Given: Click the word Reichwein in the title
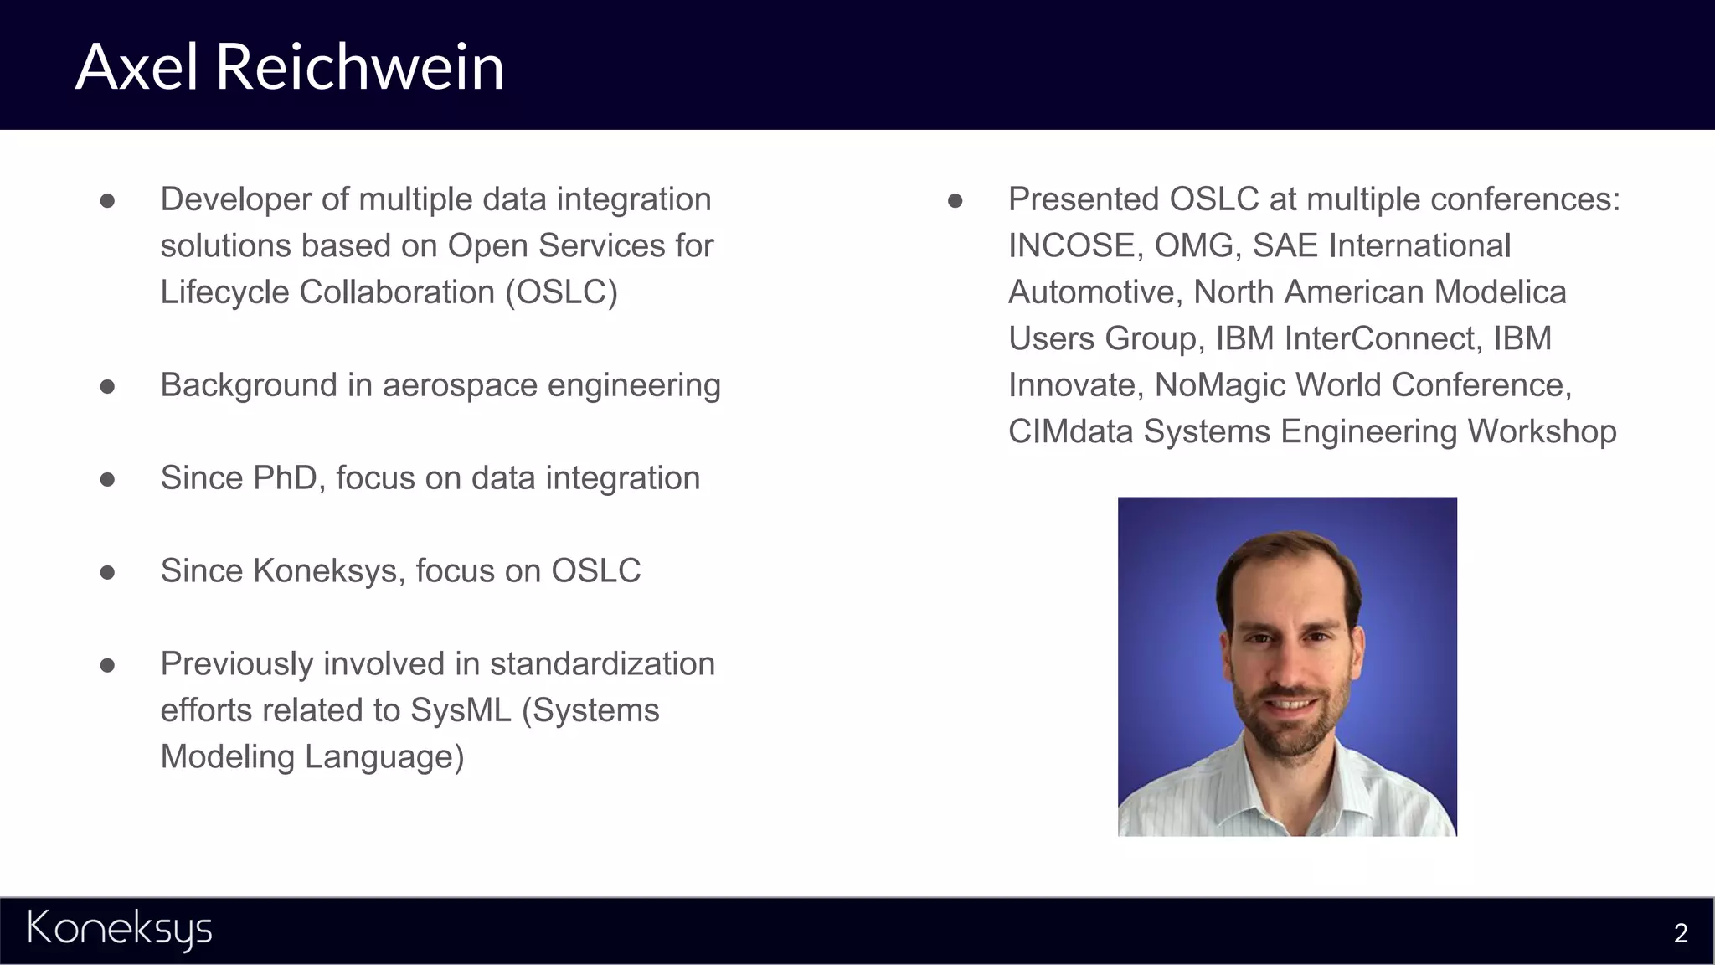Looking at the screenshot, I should coord(360,67).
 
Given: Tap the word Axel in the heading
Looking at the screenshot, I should coord(137,67).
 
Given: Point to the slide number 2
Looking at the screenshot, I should coord(1680,933).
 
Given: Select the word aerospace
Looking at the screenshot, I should coord(461,386).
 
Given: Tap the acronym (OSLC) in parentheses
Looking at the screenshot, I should coord(561,292).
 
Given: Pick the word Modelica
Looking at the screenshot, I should coord(1500,292).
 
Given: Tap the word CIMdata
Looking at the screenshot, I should coord(1071,431).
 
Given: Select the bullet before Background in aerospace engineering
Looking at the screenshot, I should coord(107,386).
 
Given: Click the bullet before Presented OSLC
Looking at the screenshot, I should coord(955,200).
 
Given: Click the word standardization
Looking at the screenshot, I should coord(602,664).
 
